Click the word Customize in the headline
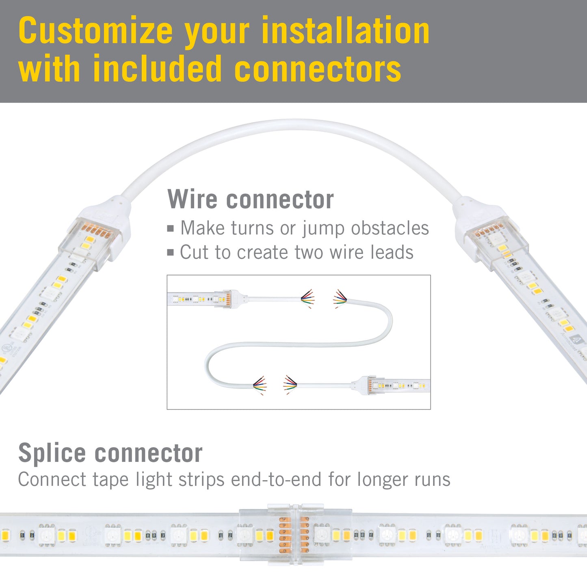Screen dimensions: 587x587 coord(95,31)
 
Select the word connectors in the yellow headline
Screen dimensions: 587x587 coord(318,69)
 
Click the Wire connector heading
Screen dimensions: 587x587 coord(251,199)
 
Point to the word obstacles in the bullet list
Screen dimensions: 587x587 coord(390,228)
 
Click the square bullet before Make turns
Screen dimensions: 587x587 coord(171,229)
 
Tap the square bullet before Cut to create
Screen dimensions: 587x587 coord(171,253)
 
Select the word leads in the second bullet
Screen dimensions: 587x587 coord(392,252)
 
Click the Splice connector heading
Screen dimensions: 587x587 coord(110,453)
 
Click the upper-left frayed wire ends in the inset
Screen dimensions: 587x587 coord(308,299)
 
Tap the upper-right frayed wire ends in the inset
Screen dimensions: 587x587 coord(340,299)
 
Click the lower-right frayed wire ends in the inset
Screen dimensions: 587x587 coord(290,385)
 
